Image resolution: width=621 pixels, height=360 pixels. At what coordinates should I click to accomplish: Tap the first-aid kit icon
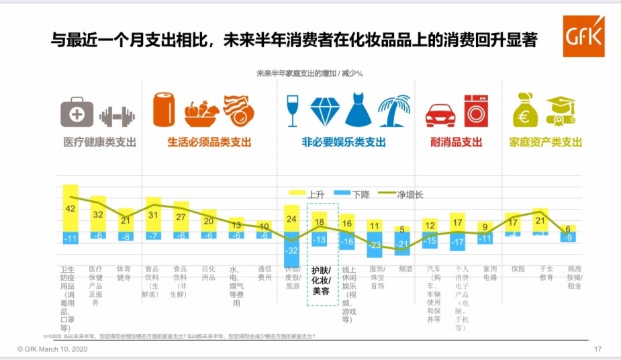77,111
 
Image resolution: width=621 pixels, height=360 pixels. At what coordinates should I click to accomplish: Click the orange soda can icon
164,109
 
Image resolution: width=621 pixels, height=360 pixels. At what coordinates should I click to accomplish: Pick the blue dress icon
357,110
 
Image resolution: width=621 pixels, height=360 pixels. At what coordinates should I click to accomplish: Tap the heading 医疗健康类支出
99,142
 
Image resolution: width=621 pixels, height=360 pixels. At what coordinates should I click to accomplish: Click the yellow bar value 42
70,208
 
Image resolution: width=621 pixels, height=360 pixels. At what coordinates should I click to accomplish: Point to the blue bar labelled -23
375,245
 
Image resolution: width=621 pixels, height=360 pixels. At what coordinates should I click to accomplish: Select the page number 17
598,349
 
